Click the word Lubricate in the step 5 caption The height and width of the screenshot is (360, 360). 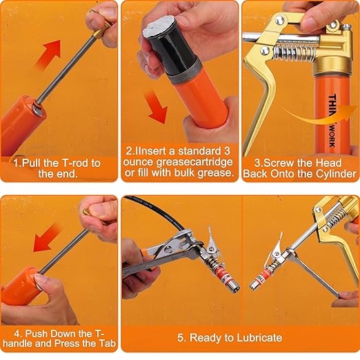pyautogui.click(x=257, y=337)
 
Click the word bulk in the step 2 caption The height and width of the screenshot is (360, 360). pyautogui.click(x=188, y=172)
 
